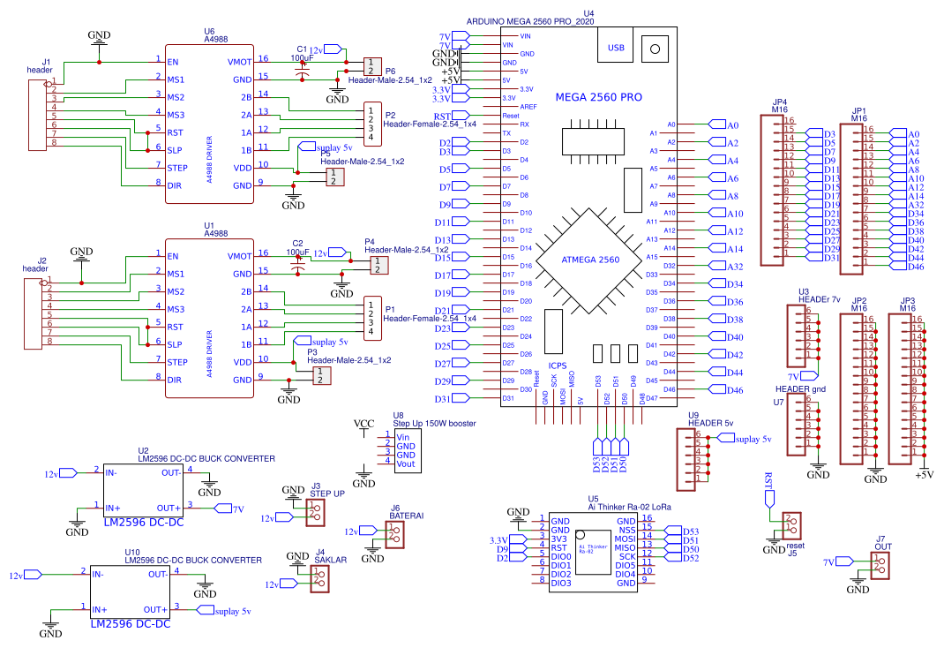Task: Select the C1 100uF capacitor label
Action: [x=303, y=53]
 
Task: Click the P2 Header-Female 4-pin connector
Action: [x=374, y=123]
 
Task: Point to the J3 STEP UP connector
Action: [x=315, y=512]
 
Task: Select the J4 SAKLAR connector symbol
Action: [x=319, y=577]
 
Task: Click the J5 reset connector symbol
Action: [x=791, y=524]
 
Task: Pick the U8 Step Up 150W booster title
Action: [x=434, y=424]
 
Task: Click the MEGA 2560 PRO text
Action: [x=598, y=97]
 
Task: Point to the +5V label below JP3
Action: [x=923, y=475]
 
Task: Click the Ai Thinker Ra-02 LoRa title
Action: [x=629, y=508]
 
